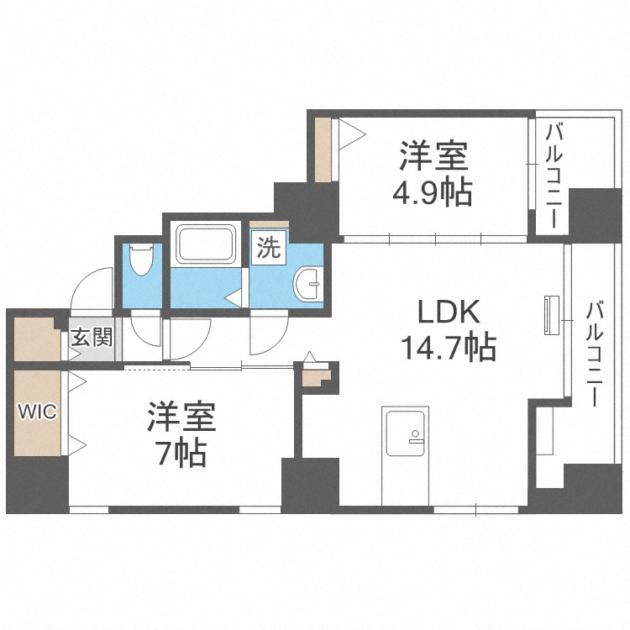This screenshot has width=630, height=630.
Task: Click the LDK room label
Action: [449, 312]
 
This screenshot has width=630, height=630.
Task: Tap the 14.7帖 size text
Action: [449, 346]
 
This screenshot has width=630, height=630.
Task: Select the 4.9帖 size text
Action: [433, 192]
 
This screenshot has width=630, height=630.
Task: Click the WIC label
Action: [37, 413]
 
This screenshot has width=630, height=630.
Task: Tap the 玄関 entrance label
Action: [91, 339]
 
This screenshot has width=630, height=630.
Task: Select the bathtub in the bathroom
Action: [207, 244]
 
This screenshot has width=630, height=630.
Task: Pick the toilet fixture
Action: [140, 261]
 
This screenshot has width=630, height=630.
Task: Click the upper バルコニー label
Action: [554, 176]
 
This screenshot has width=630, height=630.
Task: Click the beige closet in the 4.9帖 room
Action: [323, 150]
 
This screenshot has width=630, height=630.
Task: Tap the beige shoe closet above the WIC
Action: [37, 337]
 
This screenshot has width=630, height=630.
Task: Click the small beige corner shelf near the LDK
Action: [314, 376]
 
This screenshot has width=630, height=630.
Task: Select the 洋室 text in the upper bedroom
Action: [433, 157]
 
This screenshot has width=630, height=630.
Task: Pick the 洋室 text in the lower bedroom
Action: [181, 417]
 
